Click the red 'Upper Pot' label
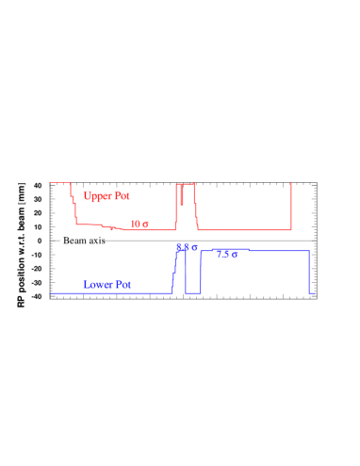pos(106,196)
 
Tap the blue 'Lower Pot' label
pos(106,284)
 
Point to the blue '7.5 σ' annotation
pos(226,255)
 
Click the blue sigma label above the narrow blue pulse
pos(187,247)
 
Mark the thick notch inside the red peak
pos(182,194)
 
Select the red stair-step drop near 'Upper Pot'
pos(74,208)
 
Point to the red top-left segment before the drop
pos(59,182)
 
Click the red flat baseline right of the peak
pos(245,229)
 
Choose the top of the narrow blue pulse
pos(181,251)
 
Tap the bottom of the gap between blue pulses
pos(192,292)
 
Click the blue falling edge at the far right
pos(309,272)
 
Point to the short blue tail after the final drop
pos(312,292)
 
